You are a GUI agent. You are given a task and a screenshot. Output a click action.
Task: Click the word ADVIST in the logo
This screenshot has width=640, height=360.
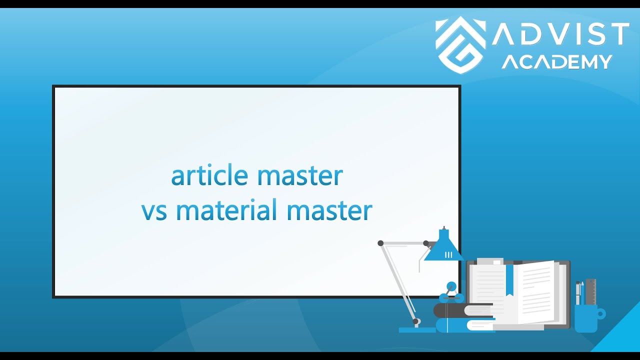click(560, 34)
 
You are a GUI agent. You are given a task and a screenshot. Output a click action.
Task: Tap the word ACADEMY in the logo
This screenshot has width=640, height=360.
click(556, 62)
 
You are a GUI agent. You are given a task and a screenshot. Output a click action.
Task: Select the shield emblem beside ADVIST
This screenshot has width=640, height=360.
click(460, 45)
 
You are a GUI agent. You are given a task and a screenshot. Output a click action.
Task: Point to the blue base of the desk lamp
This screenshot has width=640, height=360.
click(417, 329)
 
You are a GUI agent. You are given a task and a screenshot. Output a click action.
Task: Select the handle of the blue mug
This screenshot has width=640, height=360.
click(601, 314)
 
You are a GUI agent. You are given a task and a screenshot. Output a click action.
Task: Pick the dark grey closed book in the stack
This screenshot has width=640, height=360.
click(450, 310)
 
